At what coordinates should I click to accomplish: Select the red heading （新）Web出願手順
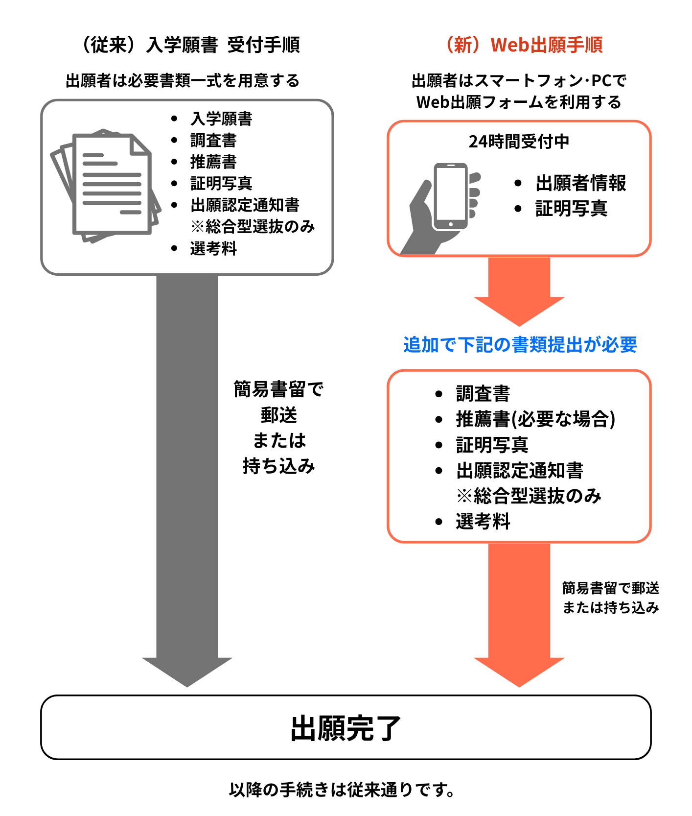click(x=523, y=45)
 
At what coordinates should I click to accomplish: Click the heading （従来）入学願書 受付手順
click(x=189, y=45)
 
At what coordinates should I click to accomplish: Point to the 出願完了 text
click(x=346, y=728)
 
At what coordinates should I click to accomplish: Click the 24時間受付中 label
click(x=519, y=142)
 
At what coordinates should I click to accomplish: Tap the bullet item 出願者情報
click(x=580, y=183)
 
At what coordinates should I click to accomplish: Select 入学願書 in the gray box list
click(x=221, y=119)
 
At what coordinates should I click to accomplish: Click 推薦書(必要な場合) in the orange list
click(x=535, y=419)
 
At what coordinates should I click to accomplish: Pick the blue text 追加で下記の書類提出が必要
click(x=520, y=345)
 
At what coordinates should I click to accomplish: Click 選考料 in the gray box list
click(x=213, y=249)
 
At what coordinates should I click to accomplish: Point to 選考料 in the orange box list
click(x=483, y=522)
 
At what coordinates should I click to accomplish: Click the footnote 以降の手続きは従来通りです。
click(x=343, y=790)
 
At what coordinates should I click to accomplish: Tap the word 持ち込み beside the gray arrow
click(x=278, y=466)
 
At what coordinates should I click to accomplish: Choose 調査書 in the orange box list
click(x=483, y=394)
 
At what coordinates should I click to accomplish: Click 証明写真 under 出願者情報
click(x=571, y=209)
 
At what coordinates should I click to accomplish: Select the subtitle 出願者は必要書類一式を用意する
click(x=183, y=81)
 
